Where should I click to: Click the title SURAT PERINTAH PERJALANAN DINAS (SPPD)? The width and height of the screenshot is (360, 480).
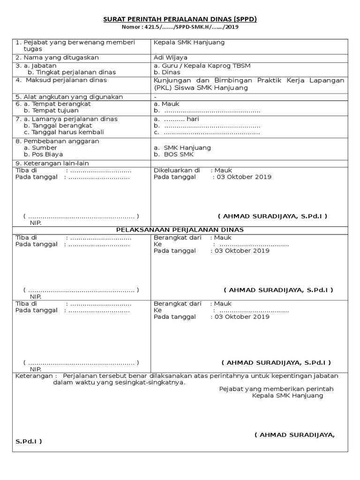(180, 19)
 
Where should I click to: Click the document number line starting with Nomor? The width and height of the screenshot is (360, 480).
(180, 27)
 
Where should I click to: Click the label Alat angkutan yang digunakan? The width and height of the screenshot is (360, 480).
(69, 97)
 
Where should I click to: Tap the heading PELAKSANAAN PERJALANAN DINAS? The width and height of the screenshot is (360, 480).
(180, 230)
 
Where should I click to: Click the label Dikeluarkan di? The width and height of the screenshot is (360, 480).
(177, 170)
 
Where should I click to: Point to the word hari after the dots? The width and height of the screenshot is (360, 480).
(193, 119)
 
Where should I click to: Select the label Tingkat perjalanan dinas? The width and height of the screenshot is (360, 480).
(72, 73)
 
